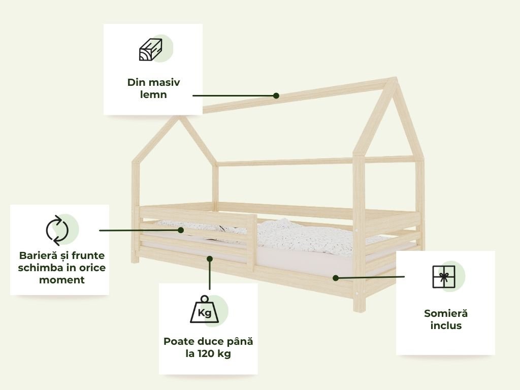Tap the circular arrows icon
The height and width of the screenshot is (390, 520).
tap(57, 230)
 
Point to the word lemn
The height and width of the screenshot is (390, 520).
tap(153, 94)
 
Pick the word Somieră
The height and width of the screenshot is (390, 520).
tap(446, 313)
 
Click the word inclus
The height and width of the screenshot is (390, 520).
tap(446, 326)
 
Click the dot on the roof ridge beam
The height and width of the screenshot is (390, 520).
tap(276, 95)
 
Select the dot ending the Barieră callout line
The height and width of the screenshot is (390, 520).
tap(180, 230)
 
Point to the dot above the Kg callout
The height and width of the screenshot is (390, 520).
tap(210, 258)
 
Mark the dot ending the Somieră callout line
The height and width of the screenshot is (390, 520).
tap(336, 278)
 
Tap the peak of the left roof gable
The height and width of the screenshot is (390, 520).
tap(177, 118)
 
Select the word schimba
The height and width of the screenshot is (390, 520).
tap(39, 268)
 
